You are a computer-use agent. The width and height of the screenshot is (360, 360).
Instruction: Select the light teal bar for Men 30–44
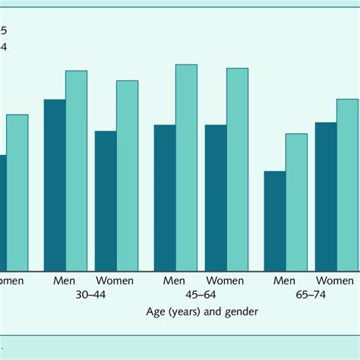tap(76, 170)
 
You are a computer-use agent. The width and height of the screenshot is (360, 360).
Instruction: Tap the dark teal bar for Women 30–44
tap(106, 201)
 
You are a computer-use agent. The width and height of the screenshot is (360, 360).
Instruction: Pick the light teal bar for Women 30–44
tap(127, 175)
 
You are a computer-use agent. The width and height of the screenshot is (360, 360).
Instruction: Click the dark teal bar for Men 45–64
tap(165, 197)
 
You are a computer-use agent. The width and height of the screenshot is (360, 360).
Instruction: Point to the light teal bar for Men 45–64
tap(186, 167)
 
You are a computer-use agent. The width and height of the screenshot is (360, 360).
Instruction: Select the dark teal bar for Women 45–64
tap(216, 197)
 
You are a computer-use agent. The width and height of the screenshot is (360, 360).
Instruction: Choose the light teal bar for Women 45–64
tap(237, 169)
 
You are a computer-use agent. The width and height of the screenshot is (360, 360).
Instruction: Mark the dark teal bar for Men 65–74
tap(275, 220)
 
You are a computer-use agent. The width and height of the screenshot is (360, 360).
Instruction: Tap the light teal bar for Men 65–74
tap(296, 201)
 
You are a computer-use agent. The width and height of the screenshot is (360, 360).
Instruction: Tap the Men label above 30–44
tap(65, 280)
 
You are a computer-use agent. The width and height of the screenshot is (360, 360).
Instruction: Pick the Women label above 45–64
tap(226, 280)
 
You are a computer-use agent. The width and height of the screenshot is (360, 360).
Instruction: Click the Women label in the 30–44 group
tap(115, 280)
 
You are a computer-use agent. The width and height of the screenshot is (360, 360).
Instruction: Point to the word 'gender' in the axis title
tap(241, 311)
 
